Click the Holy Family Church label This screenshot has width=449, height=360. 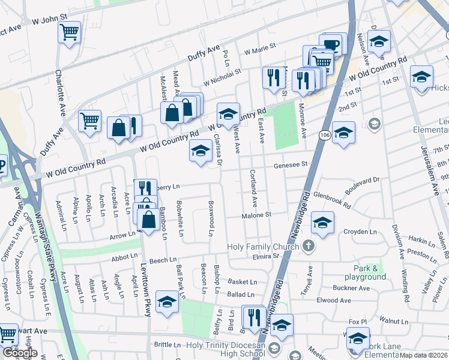click(263, 247)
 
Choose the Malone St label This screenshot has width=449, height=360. click(256, 215)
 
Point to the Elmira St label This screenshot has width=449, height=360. click(268, 256)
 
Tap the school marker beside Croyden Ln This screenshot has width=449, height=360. click(323, 224)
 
